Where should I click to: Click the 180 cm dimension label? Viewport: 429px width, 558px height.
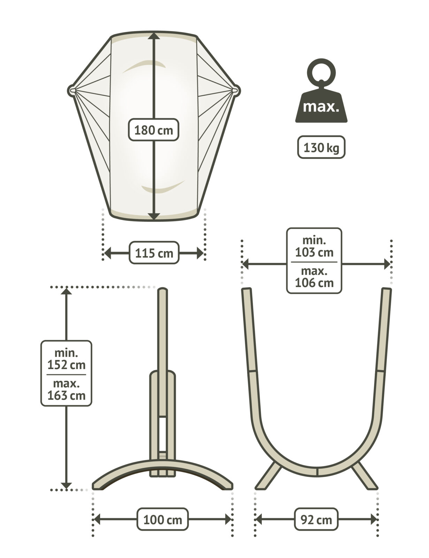[154, 130]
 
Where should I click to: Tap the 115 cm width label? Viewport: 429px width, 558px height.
[154, 253]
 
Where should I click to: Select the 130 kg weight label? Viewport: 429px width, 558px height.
[321, 148]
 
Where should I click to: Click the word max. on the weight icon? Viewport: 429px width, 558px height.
[321, 107]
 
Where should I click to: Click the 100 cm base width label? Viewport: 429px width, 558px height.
[162, 520]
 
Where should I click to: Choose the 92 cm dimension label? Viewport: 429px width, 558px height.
[316, 520]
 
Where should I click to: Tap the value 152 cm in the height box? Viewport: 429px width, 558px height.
[66, 365]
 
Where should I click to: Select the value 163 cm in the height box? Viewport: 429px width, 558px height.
[66, 395]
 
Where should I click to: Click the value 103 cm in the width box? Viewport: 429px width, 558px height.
[314, 252]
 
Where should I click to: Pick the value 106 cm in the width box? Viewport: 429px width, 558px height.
[314, 282]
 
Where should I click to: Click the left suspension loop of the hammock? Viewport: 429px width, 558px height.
[71, 90]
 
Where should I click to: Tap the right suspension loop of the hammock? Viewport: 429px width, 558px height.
[236, 90]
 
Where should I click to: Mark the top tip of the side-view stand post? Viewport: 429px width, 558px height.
[163, 290]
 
